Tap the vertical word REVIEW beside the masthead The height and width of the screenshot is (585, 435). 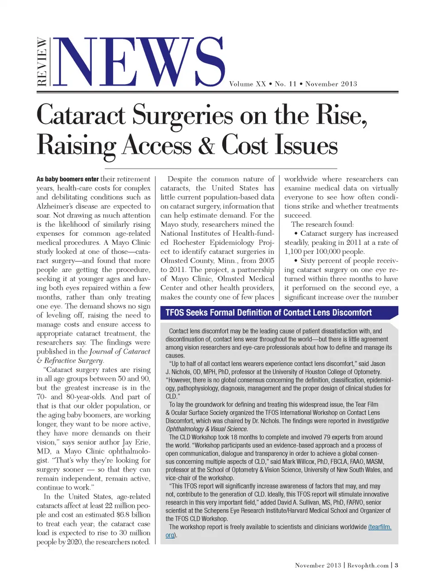tap(42, 62)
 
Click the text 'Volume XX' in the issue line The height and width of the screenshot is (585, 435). tap(247, 84)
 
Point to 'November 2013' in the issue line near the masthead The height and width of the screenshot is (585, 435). tap(331, 84)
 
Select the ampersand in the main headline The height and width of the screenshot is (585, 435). tap(206, 145)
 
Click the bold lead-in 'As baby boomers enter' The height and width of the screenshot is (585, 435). tap(68, 179)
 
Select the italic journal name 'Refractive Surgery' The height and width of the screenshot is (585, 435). tap(74, 361)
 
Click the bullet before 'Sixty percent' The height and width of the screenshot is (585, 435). tap(295, 261)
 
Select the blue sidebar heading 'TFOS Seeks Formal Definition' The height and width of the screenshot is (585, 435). tap(268, 312)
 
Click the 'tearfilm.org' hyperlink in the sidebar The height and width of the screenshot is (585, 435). tap(379, 527)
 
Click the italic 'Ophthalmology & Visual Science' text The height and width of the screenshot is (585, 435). tap(207, 429)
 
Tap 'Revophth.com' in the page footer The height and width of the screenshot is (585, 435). tap(368, 565)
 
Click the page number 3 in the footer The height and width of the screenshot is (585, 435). tap(396, 565)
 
